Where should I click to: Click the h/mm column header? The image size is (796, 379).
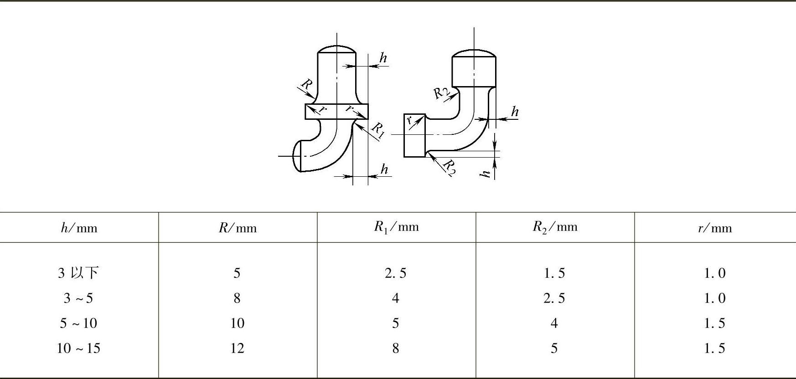coord(79,227)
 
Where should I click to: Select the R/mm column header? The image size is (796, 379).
coord(238,227)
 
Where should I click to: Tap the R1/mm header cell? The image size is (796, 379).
coord(396,227)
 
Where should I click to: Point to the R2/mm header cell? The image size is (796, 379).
coord(555,227)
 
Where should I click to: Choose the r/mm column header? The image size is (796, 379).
coord(714,228)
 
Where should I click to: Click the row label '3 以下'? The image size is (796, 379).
coord(78,273)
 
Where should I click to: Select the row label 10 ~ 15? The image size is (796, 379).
coord(78,348)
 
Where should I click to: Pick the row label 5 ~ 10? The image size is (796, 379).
coord(78,323)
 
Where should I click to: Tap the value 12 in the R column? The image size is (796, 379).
coord(237,348)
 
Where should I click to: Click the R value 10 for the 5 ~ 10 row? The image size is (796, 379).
coord(237,323)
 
